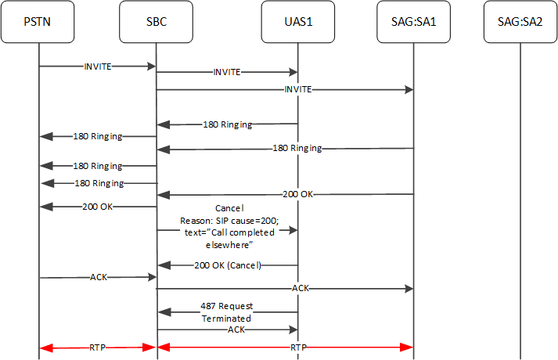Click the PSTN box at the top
coord(38,22)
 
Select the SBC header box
coord(156,22)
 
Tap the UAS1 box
coord(297,22)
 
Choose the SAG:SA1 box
coord(412,22)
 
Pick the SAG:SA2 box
coord(520,22)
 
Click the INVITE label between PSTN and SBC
coord(98,67)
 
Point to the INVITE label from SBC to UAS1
coord(227,71)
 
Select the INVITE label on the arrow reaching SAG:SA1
coord(297,90)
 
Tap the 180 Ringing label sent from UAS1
coord(227,124)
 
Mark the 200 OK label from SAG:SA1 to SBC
coord(297,193)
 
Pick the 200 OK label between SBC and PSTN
coord(98,207)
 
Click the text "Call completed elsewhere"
coord(227,237)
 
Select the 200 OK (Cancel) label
coord(227,265)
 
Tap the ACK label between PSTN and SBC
coord(98,277)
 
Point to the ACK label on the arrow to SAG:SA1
coord(300,289)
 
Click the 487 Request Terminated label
coord(227,312)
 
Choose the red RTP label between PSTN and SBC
coord(98,346)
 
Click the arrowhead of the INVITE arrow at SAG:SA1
coord(408,90)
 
